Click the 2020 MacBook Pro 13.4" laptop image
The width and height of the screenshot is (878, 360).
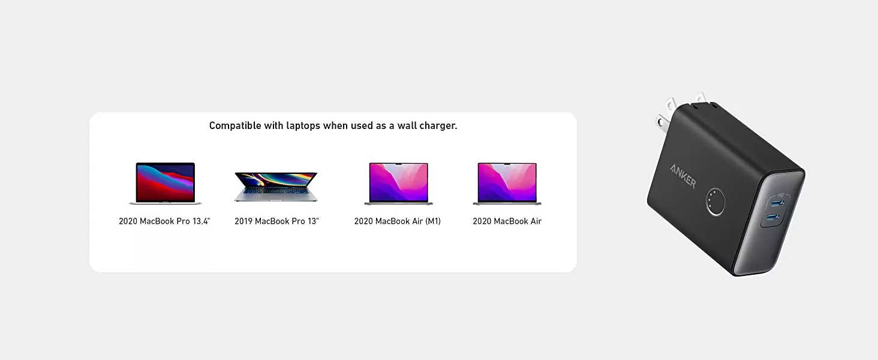165,183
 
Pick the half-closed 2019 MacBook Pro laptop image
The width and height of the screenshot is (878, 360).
276,187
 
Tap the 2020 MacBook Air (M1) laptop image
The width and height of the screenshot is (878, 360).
398,184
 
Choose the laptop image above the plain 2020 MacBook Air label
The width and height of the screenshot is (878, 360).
507,184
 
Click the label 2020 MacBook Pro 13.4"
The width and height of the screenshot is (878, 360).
164,221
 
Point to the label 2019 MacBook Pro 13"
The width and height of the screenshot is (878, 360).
276,221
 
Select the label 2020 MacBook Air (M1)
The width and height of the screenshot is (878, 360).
398,221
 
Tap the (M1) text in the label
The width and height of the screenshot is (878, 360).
433,221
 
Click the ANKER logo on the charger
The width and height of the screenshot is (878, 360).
683,176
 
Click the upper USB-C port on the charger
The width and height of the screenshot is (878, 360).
777,203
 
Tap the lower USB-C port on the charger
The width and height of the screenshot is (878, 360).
774,217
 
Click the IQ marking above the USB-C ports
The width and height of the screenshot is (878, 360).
780,195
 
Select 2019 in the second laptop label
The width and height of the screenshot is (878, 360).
243,221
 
